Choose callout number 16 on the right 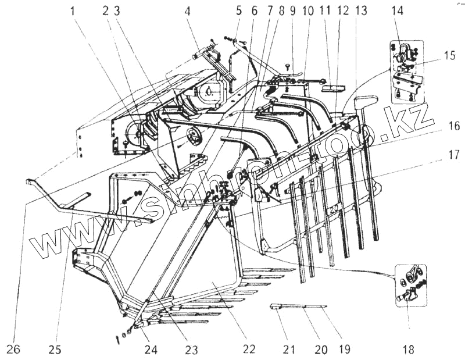coord(454,125)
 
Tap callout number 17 coord(454,155)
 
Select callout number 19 coord(344,350)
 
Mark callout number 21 coord(289,350)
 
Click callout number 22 coord(249,350)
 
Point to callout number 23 coord(191,350)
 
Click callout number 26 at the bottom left coord(13,350)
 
